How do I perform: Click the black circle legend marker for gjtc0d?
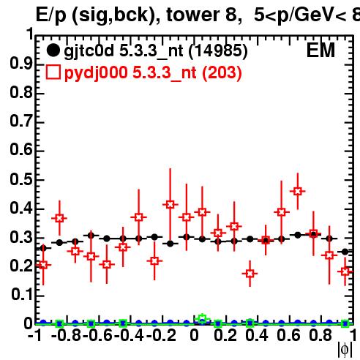pos(53,50)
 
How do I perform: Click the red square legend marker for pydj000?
pos(53,72)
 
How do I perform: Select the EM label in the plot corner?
pos(320,50)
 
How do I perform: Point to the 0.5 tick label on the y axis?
pos(21,179)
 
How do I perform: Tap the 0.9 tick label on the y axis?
pos(21,64)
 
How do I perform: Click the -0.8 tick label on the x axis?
pos(67,335)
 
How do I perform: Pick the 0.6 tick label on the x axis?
pos(288,335)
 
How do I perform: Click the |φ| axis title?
pos(345,350)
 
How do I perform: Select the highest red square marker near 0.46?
pos(297,192)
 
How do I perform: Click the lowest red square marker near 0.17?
pos(250,274)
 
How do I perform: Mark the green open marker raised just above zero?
pos(202,318)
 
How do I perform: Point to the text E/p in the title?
pos(51,15)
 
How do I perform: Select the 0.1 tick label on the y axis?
pos(21,295)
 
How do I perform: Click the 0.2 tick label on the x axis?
pos(225,335)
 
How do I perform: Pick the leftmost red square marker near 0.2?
pos(43,265)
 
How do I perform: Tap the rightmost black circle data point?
pos(345,252)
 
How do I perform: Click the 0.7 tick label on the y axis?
pos(21,121)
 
